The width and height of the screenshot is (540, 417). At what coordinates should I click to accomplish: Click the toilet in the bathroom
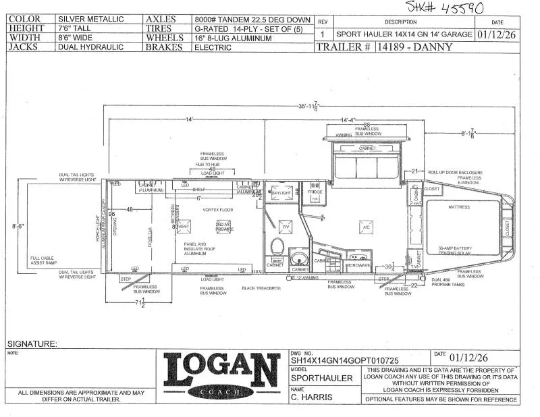click(276, 247)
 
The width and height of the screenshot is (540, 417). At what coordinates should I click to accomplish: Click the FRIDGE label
click(315, 192)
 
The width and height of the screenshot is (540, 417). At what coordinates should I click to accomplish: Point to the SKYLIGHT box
click(280, 194)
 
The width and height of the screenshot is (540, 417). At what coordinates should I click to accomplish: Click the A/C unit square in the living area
click(365, 228)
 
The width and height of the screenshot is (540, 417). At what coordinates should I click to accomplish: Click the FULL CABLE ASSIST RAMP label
click(45, 260)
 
